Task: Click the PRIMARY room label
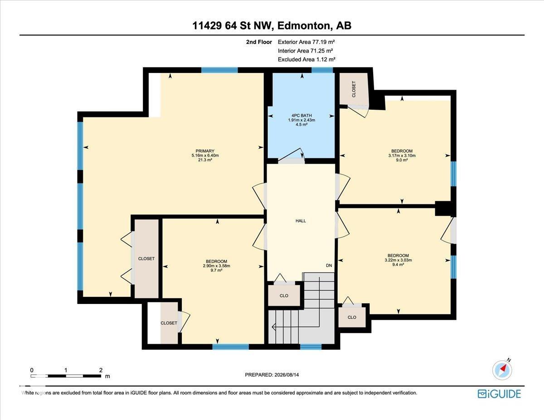(205, 151)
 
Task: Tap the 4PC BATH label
(301, 116)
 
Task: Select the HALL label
(301, 221)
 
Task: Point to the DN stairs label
(329, 266)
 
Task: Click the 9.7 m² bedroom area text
(216, 270)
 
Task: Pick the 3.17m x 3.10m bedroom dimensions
(402, 155)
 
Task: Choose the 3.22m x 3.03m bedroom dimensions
(398, 260)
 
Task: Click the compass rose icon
(502, 370)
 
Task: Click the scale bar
(66, 376)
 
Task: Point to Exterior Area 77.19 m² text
(306, 42)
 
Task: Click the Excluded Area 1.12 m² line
(306, 59)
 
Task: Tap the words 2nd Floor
(259, 42)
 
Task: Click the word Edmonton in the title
(304, 25)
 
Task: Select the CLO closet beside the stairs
(284, 295)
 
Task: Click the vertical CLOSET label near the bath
(354, 89)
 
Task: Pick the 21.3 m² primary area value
(205, 160)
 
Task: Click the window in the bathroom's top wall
(322, 70)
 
